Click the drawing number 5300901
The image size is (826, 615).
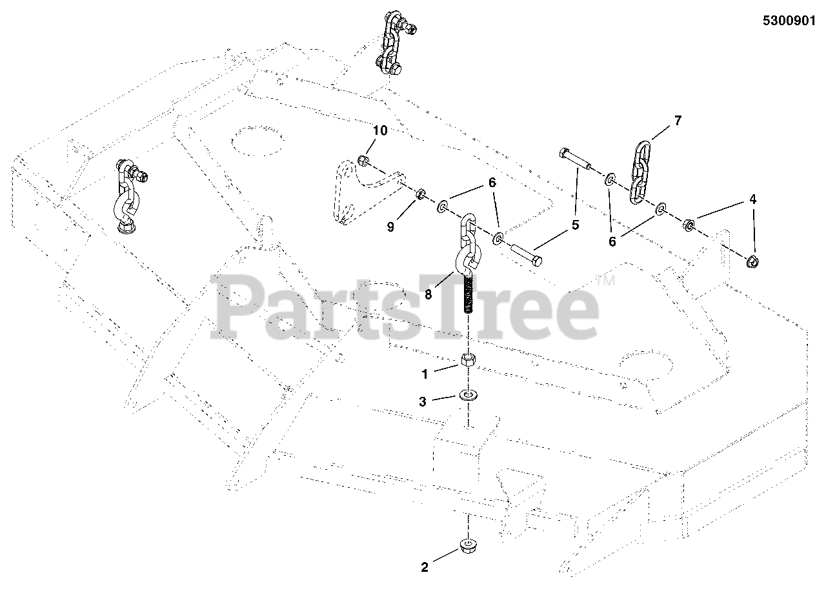coord(789,21)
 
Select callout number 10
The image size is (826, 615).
coord(380,131)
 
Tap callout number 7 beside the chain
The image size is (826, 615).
coord(678,121)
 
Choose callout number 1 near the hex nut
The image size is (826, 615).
coord(424,372)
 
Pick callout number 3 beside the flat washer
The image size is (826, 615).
coord(423,401)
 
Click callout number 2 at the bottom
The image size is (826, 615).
coord(424,568)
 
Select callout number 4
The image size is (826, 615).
coord(753,200)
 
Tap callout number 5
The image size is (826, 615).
coord(576,226)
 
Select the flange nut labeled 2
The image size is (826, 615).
coord(467,547)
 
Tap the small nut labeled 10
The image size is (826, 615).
coord(363,159)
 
